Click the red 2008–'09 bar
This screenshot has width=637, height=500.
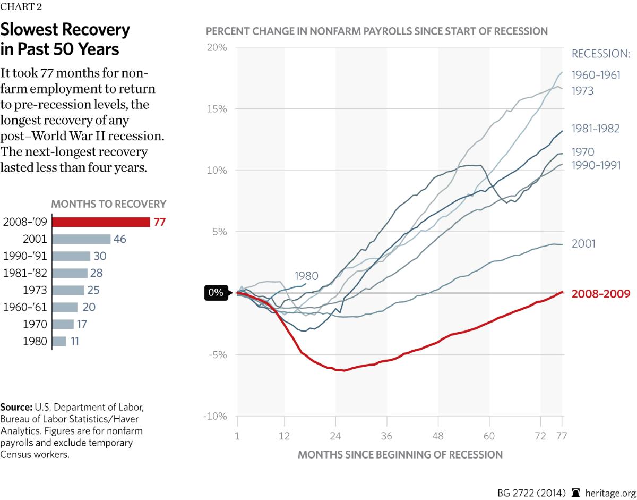point(101,222)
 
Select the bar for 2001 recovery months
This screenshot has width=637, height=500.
point(81,239)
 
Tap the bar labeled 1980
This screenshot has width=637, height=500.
point(59,341)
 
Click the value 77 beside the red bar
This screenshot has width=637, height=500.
point(159,222)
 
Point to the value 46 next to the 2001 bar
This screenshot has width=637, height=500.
point(119,239)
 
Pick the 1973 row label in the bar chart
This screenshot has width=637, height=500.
point(36,290)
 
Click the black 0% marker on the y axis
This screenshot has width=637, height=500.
point(216,293)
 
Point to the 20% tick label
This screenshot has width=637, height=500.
point(217,47)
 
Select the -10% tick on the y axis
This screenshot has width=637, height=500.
point(215,416)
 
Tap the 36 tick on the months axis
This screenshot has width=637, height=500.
point(386,436)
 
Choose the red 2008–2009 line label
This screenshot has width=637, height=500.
point(601,294)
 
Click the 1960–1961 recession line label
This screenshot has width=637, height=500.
point(596,75)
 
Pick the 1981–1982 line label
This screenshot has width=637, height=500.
point(596,129)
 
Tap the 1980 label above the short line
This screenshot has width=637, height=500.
point(306,276)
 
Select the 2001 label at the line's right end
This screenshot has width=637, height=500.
point(583,244)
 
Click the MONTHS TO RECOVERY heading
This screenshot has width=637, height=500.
point(108,204)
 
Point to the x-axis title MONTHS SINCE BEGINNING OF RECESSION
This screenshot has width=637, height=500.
point(400,455)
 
